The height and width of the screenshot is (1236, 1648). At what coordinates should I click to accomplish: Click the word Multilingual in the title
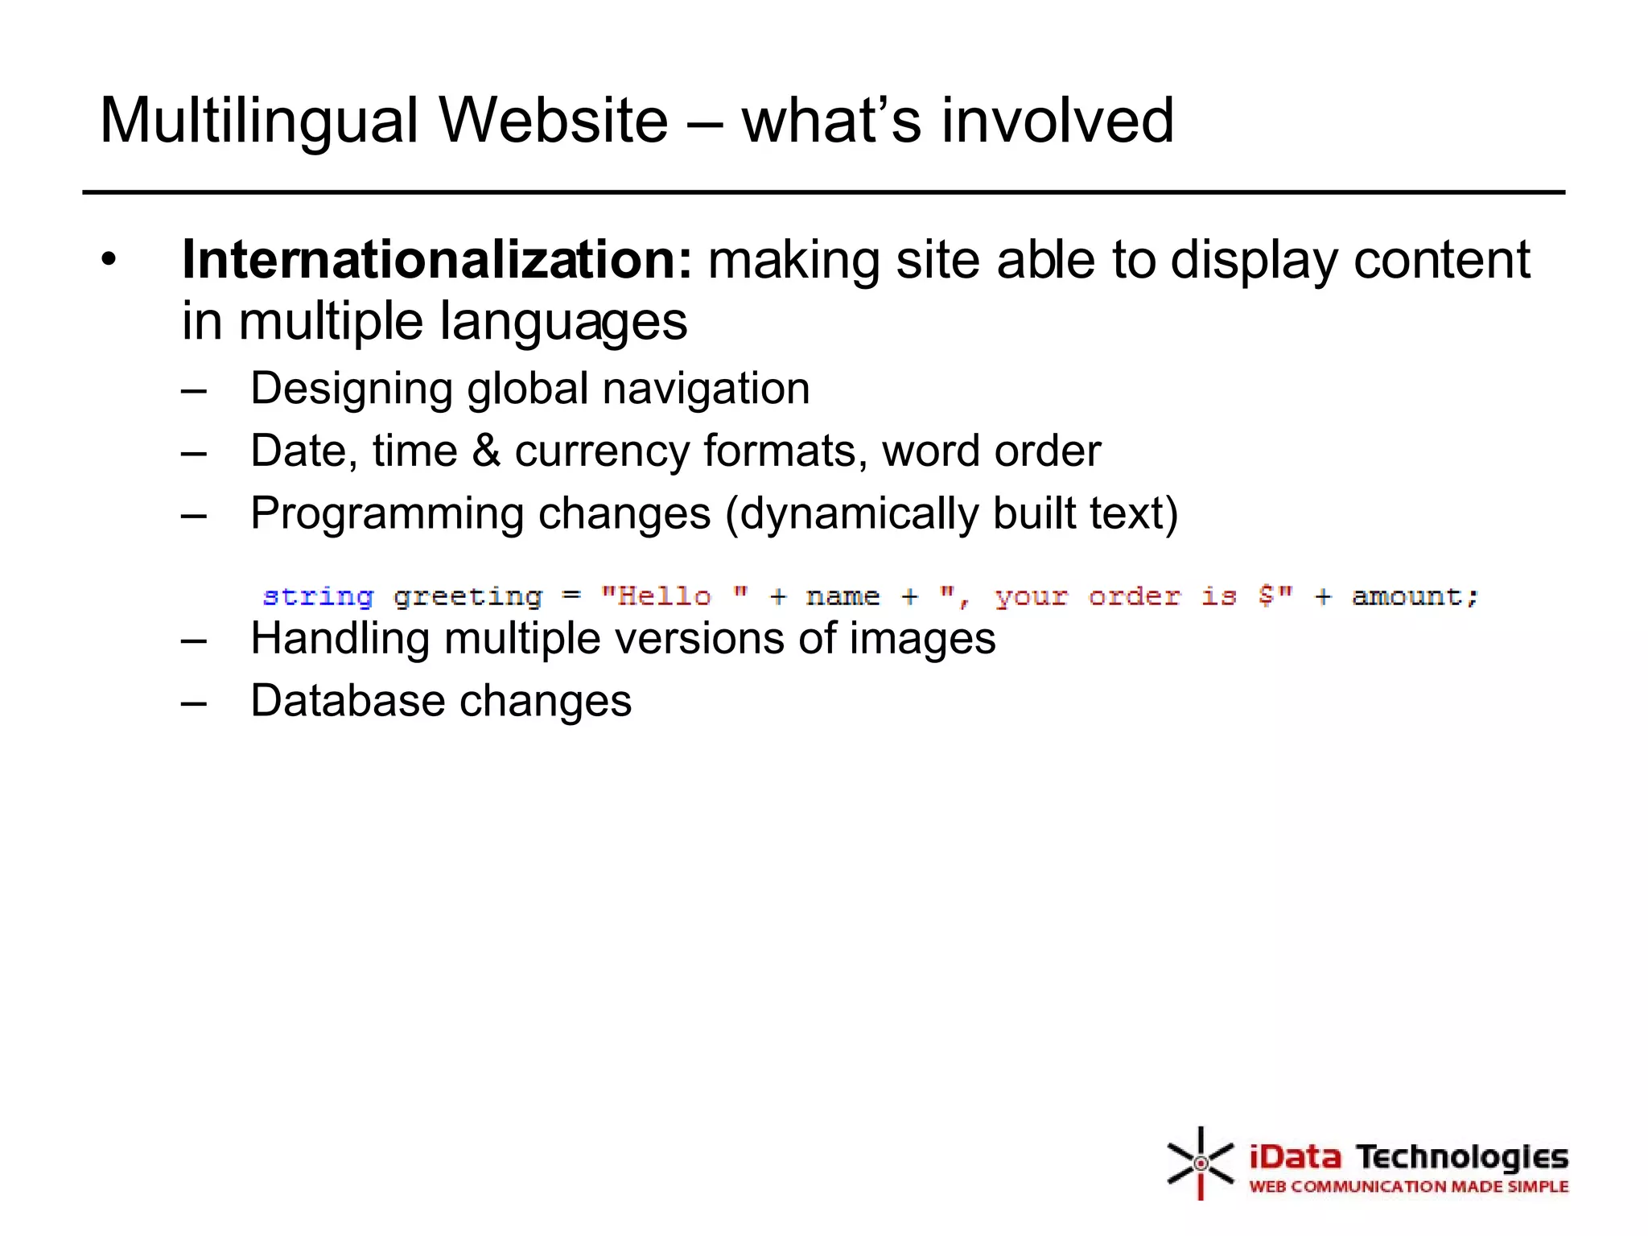pos(258,121)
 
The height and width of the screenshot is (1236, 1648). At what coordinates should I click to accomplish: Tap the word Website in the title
pos(553,121)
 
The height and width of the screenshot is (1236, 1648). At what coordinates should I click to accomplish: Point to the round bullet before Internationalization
pos(109,261)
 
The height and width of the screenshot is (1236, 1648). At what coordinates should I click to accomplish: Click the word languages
pos(562,322)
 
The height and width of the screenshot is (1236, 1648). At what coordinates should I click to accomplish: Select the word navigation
pos(706,389)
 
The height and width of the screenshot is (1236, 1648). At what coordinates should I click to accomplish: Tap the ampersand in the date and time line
pos(486,451)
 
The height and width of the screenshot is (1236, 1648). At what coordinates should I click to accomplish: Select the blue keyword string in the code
pos(318,596)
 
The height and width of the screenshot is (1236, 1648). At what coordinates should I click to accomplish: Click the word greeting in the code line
pos(468,596)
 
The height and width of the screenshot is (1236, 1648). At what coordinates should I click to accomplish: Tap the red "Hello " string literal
pos(674,596)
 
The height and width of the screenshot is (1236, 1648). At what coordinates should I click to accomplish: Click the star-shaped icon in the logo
pos(1200,1164)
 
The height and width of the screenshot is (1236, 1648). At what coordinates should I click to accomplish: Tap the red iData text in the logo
pos(1295,1157)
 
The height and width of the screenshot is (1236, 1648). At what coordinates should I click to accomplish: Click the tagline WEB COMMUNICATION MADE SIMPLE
pos(1408,1187)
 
